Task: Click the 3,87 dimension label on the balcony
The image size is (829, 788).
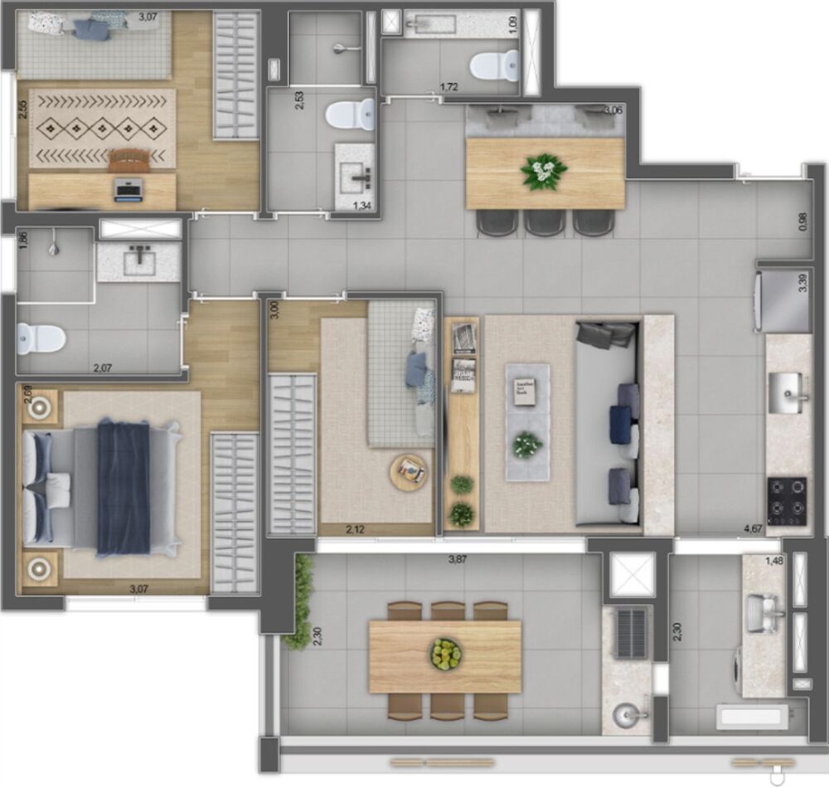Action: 457,560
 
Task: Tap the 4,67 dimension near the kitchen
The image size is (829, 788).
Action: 753,528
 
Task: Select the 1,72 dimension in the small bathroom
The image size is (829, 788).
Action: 450,86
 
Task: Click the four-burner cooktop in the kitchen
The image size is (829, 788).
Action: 787,500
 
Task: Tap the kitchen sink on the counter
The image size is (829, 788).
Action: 786,392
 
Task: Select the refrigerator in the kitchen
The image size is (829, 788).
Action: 783,299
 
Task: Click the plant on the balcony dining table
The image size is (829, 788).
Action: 446,654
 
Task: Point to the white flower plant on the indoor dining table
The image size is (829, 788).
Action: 544,172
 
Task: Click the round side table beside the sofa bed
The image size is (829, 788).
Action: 410,472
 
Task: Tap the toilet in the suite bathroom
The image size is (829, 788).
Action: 41,338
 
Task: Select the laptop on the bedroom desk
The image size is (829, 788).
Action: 128,188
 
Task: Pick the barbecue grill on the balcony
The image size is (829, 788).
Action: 631,633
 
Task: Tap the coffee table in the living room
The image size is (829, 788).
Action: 528,421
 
